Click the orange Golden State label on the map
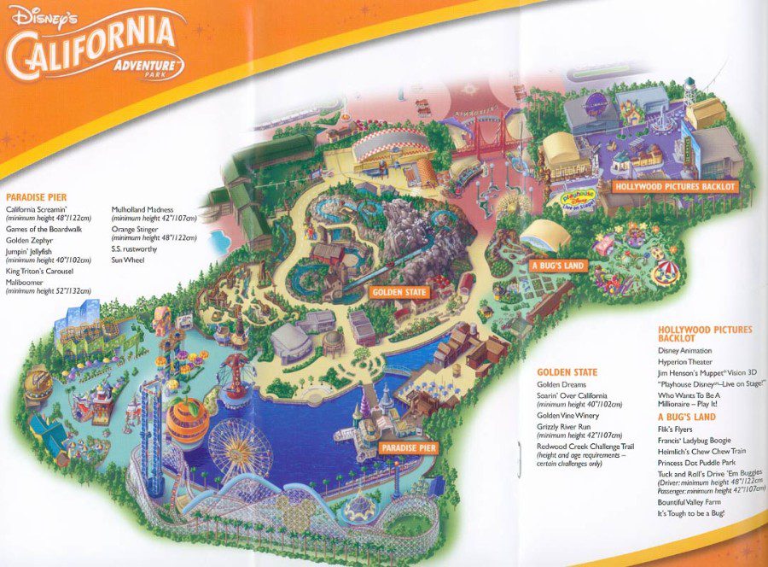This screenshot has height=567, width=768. [399, 292]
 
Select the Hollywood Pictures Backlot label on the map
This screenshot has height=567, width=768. [674, 185]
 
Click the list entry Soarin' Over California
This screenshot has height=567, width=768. [572, 396]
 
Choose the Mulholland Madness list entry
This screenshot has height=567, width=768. [143, 209]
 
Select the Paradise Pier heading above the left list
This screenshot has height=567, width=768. [36, 197]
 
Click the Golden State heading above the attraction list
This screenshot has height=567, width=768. [567, 372]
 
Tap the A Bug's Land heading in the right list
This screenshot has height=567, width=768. [686, 417]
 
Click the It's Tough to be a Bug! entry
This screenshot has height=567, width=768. [690, 513]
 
